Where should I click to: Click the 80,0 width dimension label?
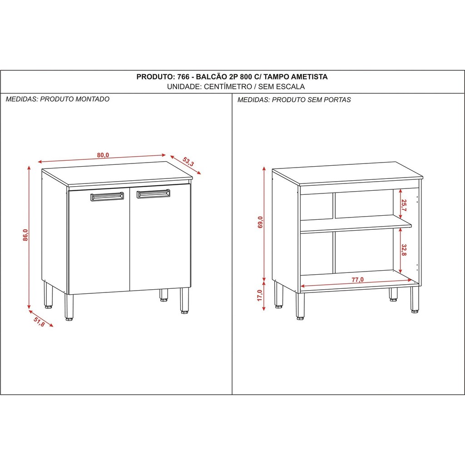[x=103, y=155]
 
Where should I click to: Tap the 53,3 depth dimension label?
[x=188, y=162]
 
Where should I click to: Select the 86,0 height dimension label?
[x=25, y=235]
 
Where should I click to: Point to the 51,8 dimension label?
[x=39, y=322]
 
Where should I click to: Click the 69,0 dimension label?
[x=260, y=222]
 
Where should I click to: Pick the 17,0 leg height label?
[x=260, y=295]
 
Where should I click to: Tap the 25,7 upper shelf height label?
[x=404, y=205]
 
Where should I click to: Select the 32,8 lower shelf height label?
[x=404, y=250]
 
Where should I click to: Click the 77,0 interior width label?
[x=358, y=280]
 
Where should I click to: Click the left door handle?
[x=107, y=197]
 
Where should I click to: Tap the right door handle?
[x=153, y=194]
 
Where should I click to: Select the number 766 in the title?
[x=183, y=77]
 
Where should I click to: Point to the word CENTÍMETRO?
[x=228, y=87]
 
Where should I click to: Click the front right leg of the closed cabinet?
[x=184, y=301]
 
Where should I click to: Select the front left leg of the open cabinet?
[x=300, y=306]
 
